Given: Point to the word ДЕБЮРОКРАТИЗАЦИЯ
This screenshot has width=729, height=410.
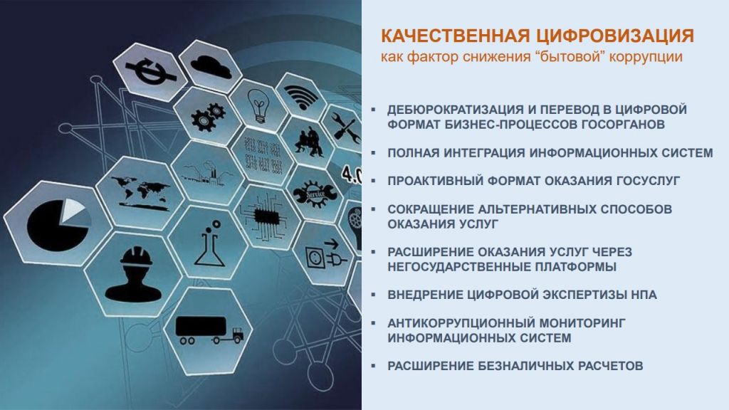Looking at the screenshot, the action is (456, 110).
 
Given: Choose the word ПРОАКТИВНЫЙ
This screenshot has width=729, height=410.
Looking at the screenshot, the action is (435, 181).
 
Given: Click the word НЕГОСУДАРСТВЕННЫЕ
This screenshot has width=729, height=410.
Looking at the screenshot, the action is (459, 267).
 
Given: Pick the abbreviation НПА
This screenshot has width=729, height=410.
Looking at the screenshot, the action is (644, 295).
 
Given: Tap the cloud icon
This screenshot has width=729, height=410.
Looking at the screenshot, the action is (211, 66).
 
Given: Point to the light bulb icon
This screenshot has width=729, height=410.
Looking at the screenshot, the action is (258, 106).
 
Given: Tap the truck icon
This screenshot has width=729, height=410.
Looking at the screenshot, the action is (209, 330).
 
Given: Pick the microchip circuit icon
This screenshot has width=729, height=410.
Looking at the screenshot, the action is (265, 216).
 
